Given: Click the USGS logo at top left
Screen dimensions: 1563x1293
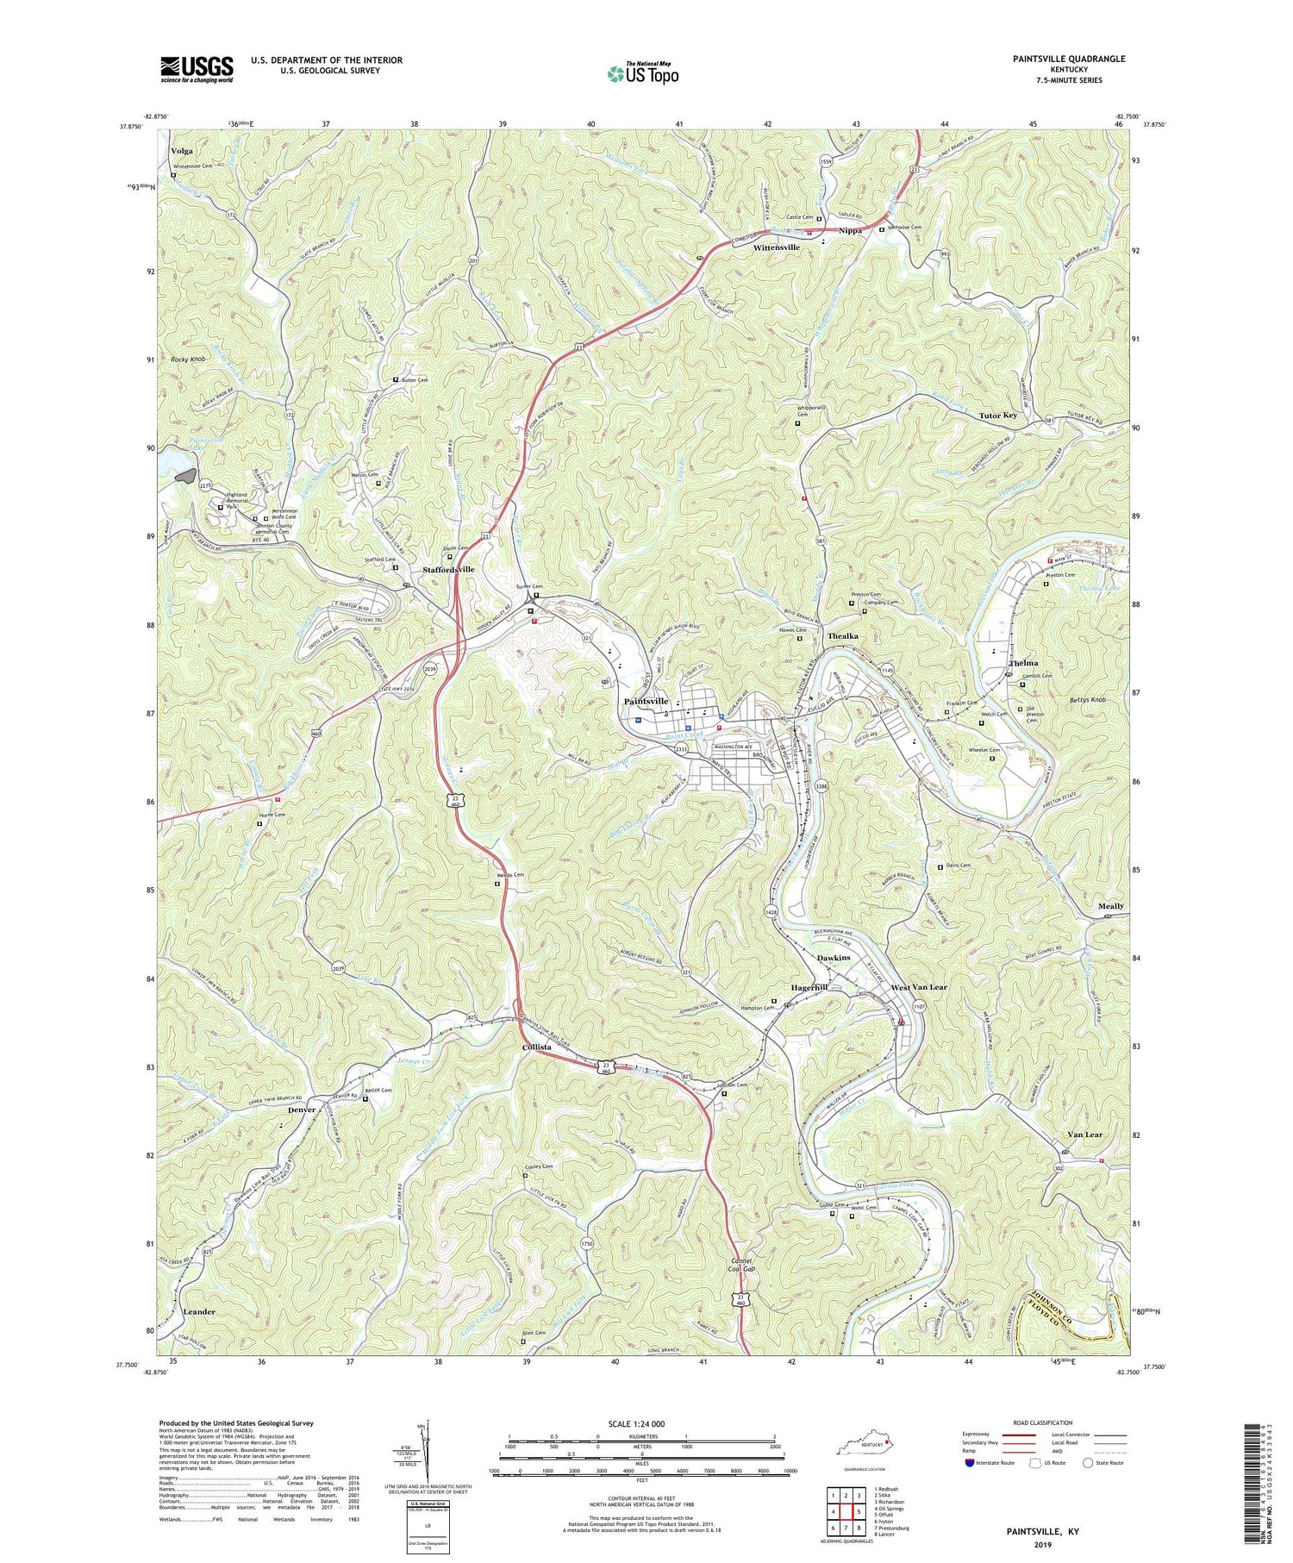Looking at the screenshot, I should coord(197,69).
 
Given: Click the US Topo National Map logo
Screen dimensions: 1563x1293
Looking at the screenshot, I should coord(642,74).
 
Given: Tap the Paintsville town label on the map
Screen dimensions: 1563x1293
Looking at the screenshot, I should coord(659,702).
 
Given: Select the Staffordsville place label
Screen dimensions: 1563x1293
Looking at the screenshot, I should coord(448,570).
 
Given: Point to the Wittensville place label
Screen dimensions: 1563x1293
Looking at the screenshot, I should coord(776,247).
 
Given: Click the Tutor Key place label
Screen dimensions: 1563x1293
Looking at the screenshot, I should coord(997,416).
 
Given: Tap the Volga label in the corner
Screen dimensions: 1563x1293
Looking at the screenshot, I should coord(182,151).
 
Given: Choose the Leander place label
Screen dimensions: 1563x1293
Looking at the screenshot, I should coord(199,1311).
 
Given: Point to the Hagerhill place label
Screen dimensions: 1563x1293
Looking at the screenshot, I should coord(809,988).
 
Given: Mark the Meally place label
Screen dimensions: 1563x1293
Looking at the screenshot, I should coord(1110,906).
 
